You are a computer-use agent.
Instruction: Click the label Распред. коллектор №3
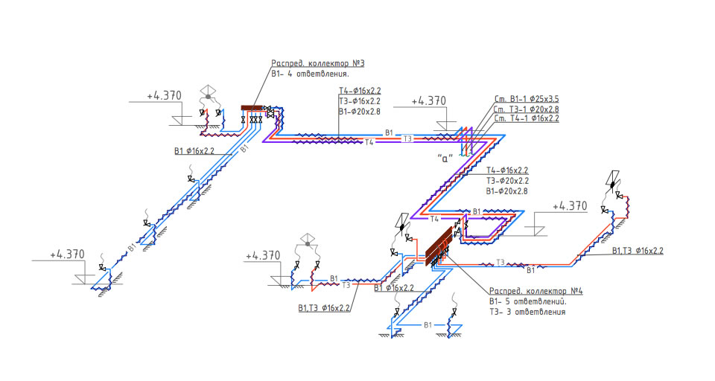pos(318,63)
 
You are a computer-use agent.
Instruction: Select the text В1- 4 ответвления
pos(310,74)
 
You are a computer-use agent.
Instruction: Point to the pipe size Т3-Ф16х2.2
pos(359,101)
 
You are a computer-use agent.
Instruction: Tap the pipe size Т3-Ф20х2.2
pos(507,181)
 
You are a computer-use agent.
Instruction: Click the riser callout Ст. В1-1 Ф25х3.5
pos(527,99)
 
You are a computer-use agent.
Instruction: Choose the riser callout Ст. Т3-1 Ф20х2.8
pos(527,109)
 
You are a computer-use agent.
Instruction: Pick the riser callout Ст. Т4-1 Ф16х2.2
pos(527,118)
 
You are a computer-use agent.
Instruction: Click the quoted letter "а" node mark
pos(445,159)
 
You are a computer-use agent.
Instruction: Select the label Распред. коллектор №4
pos(536,291)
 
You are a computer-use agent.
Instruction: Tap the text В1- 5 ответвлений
pos(527,301)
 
